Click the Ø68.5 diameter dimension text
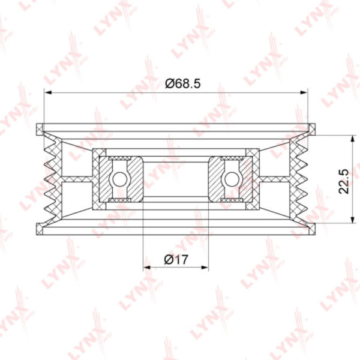tap(183, 83)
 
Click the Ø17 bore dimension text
tap(176, 260)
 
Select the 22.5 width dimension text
tap(344, 182)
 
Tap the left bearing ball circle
tap(119, 179)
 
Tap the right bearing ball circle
tap(232, 179)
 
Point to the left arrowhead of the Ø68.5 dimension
tap(48, 92)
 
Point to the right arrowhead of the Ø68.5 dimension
tap(304, 92)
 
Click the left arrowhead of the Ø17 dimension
tap(147, 268)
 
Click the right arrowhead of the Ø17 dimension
tap(205, 268)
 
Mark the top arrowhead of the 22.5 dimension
tap(352, 139)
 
